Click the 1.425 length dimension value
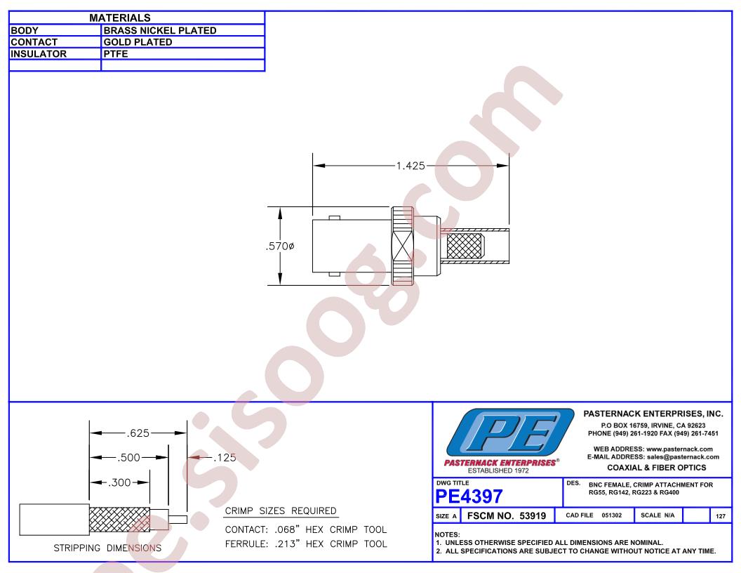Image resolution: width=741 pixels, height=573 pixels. [x=410, y=166]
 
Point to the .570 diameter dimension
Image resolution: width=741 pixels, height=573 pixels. [x=280, y=246]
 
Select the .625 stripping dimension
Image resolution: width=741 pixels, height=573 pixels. [x=138, y=433]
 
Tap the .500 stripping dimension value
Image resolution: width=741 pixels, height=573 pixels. [x=129, y=458]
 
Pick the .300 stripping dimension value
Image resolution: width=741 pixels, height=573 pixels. [x=119, y=482]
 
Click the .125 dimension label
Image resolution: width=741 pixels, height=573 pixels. [x=225, y=458]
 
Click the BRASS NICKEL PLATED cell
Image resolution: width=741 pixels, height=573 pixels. [x=160, y=30]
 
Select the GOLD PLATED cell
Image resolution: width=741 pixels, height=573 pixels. [x=138, y=42]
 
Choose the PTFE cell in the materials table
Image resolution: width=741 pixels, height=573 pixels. [x=116, y=54]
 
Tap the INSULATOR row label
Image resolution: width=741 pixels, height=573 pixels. [x=39, y=54]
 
